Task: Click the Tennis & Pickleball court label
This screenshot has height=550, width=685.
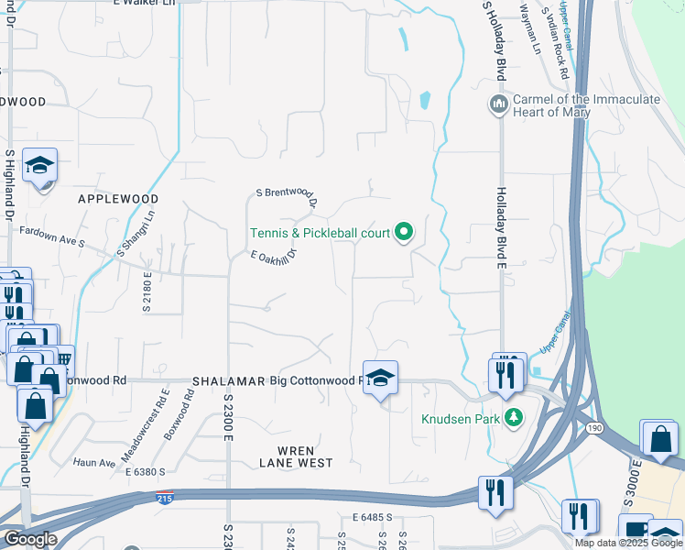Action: point(321,234)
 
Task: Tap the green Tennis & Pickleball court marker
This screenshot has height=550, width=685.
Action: point(404,232)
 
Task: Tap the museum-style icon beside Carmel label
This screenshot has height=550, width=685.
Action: point(499,103)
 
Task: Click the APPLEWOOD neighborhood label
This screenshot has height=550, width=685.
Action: point(118,198)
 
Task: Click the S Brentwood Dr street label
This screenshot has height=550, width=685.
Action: point(287,197)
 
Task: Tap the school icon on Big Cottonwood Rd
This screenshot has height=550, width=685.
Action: point(381,377)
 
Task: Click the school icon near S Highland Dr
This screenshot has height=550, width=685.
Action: point(40,165)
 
